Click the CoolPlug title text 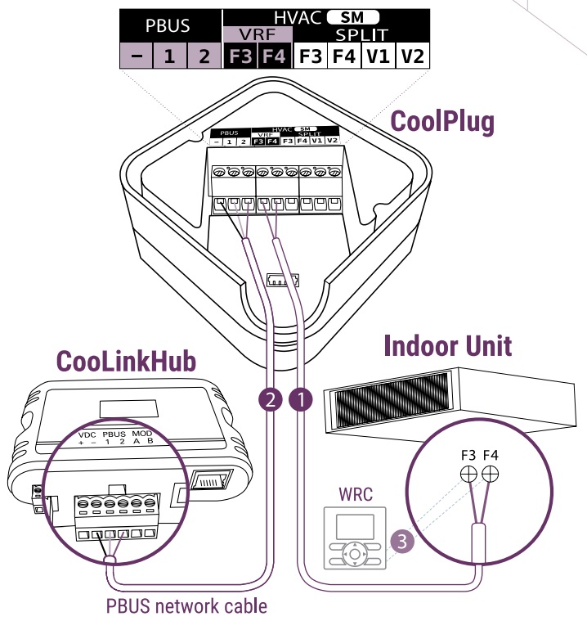442,122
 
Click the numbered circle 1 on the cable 302,399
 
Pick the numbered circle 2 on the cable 271,399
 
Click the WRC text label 355,495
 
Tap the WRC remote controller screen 354,524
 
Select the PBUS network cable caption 186,607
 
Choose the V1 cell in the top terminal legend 378,57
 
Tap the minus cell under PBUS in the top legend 136,57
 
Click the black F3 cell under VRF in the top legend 240,57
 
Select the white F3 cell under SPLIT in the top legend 310,57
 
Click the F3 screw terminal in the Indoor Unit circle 469,473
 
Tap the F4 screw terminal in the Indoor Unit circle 490,473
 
